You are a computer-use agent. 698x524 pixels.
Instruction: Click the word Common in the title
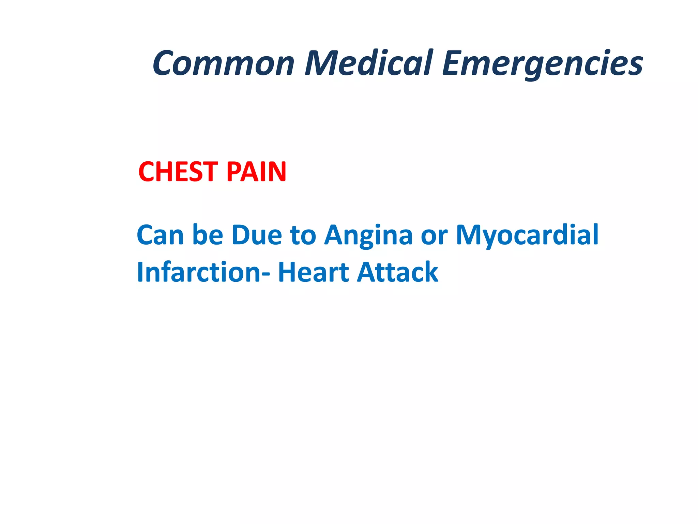coord(223,63)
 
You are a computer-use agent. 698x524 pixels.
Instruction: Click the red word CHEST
coord(178,172)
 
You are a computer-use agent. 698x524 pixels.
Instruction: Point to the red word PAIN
coord(256,172)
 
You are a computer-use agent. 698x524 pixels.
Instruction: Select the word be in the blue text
coord(208,235)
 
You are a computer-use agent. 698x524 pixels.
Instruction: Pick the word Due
coord(257,235)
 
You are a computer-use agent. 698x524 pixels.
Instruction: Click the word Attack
coord(397,272)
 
